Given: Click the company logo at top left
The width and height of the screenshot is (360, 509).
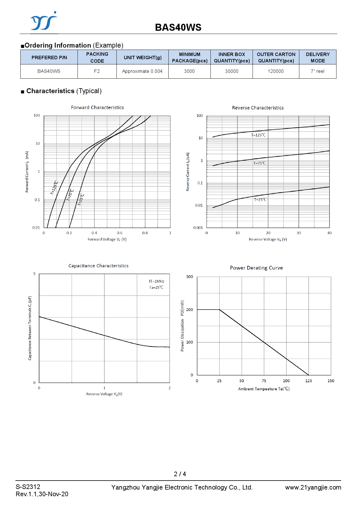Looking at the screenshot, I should coord(44,21).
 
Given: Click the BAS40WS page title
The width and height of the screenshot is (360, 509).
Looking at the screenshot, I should coord(178,27).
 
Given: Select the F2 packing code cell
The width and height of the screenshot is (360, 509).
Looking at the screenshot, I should coord(97,71).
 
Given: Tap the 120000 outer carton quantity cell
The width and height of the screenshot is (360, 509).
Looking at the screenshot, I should coord(276,71).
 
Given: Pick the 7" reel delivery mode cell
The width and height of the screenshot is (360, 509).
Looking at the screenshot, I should coord(317,71).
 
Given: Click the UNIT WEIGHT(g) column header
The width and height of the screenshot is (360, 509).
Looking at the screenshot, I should coord(143,57).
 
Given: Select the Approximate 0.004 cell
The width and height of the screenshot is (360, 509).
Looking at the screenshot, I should coord(142,71).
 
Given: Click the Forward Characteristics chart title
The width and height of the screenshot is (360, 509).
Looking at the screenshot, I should coord(97,108).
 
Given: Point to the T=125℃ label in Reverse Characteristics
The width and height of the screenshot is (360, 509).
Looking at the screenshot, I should coord(258,135).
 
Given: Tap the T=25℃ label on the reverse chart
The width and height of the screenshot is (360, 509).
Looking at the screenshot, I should coord(260,200).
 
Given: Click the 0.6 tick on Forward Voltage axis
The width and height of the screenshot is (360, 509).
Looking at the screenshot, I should coord(120,233).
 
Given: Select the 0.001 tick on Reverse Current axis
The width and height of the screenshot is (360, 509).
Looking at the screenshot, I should coord(198,228).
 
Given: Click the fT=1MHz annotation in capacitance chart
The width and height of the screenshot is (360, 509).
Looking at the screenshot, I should coord(156,281).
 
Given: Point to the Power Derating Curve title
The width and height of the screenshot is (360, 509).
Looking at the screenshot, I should coord(256,268).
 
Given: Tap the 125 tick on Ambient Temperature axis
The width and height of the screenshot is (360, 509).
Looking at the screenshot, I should coord(308,381).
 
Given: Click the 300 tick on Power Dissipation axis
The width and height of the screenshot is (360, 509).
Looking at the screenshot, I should coord(189,277).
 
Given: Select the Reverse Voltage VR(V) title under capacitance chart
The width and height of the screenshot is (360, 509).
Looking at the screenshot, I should coord(104,394).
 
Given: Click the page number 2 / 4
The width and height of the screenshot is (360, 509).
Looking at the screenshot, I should coord(180,474).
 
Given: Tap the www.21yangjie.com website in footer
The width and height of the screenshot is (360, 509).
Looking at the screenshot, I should coord(313,488).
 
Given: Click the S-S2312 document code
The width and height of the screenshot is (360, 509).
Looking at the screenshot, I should coord(28,487).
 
